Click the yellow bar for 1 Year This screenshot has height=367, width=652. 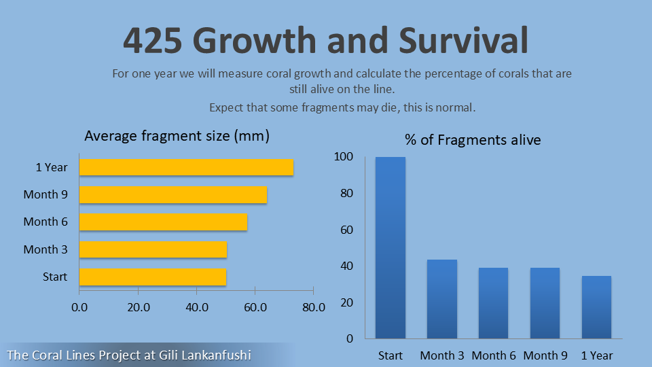point(186,167)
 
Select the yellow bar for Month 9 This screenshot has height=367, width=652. point(173,195)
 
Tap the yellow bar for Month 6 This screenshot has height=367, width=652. point(164,222)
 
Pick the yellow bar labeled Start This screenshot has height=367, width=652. point(153,277)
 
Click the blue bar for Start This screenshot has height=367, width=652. point(391,247)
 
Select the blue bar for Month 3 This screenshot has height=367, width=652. point(442,299)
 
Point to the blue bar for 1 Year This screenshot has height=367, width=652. point(597,307)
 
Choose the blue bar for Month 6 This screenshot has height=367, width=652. point(494,303)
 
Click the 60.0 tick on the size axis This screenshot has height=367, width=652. point(255,307)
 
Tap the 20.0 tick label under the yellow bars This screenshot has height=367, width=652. point(139,307)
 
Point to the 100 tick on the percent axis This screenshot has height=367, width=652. point(344,156)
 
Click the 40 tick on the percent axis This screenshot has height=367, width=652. point(347,266)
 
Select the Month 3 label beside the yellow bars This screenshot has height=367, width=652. point(46,249)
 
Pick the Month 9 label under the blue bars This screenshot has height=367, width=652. point(545,355)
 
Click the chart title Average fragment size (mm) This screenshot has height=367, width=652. point(177,136)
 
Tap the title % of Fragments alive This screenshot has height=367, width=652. point(473,140)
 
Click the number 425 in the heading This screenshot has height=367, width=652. point(153,40)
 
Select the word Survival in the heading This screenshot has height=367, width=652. point(464,40)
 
